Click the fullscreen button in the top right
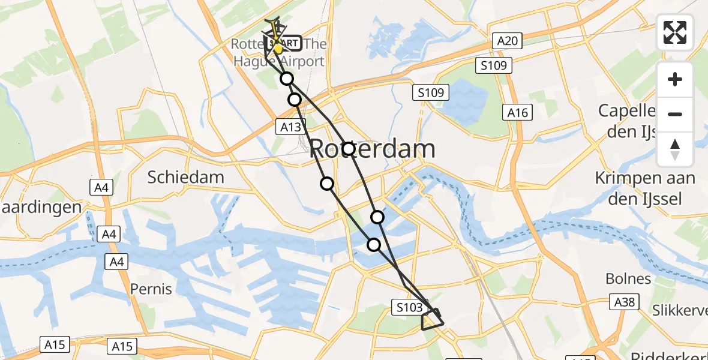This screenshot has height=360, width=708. coord(675,32)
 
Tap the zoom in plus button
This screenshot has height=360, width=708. coord(675,79)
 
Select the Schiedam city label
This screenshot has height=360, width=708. coord(186,177)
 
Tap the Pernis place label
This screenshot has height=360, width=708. coord(151,289)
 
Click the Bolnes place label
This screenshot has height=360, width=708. coord(628,278)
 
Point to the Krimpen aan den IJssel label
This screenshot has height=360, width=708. coord(645,188)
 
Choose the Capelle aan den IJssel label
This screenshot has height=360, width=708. coord(646,121)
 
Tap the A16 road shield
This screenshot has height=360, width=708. coord(517,113)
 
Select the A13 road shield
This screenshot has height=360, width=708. coord(291,126)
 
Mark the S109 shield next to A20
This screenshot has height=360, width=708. coord(494,65)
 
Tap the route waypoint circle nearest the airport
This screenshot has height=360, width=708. coord(287,79)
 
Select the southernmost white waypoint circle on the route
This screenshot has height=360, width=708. coord(374,244)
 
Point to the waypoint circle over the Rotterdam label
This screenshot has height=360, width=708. coord(348,148)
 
